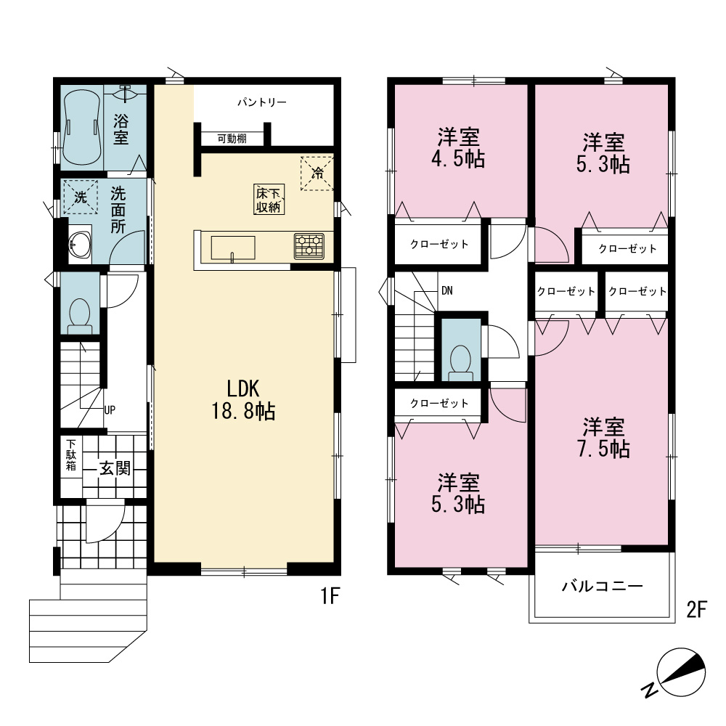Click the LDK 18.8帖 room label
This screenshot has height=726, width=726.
point(243,399)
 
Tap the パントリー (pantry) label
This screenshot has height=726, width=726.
point(262,102)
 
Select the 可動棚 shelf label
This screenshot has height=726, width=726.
point(232,139)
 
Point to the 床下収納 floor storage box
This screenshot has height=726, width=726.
point(269,200)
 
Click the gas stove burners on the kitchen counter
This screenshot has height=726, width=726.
point(309,246)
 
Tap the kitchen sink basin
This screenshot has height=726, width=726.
point(233,248)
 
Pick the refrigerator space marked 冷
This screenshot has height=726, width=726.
point(317,174)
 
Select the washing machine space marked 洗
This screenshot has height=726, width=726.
point(81,197)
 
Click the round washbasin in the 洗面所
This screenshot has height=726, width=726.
point(79,245)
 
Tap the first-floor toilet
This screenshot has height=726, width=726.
point(80,316)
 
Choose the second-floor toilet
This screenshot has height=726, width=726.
point(461,362)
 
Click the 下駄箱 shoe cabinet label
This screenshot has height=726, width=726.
point(71,455)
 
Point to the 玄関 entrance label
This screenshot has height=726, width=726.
point(115,468)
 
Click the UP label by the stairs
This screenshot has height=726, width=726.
point(110,409)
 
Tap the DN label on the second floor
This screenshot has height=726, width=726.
point(446,291)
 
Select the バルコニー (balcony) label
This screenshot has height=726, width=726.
point(603,587)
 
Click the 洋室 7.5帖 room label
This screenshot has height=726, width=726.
point(603,438)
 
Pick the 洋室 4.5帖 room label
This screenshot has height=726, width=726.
point(458,148)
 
